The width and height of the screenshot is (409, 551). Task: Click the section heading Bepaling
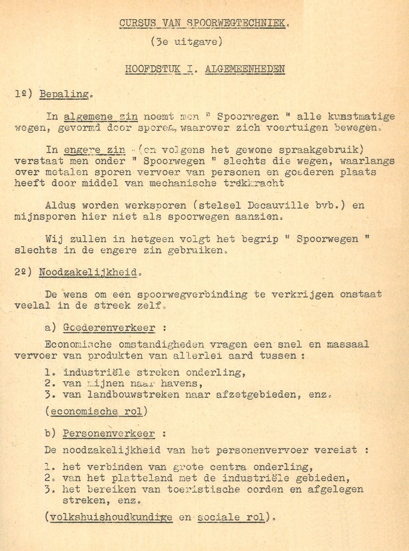64,94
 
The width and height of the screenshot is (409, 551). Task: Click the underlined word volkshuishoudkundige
110,517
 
